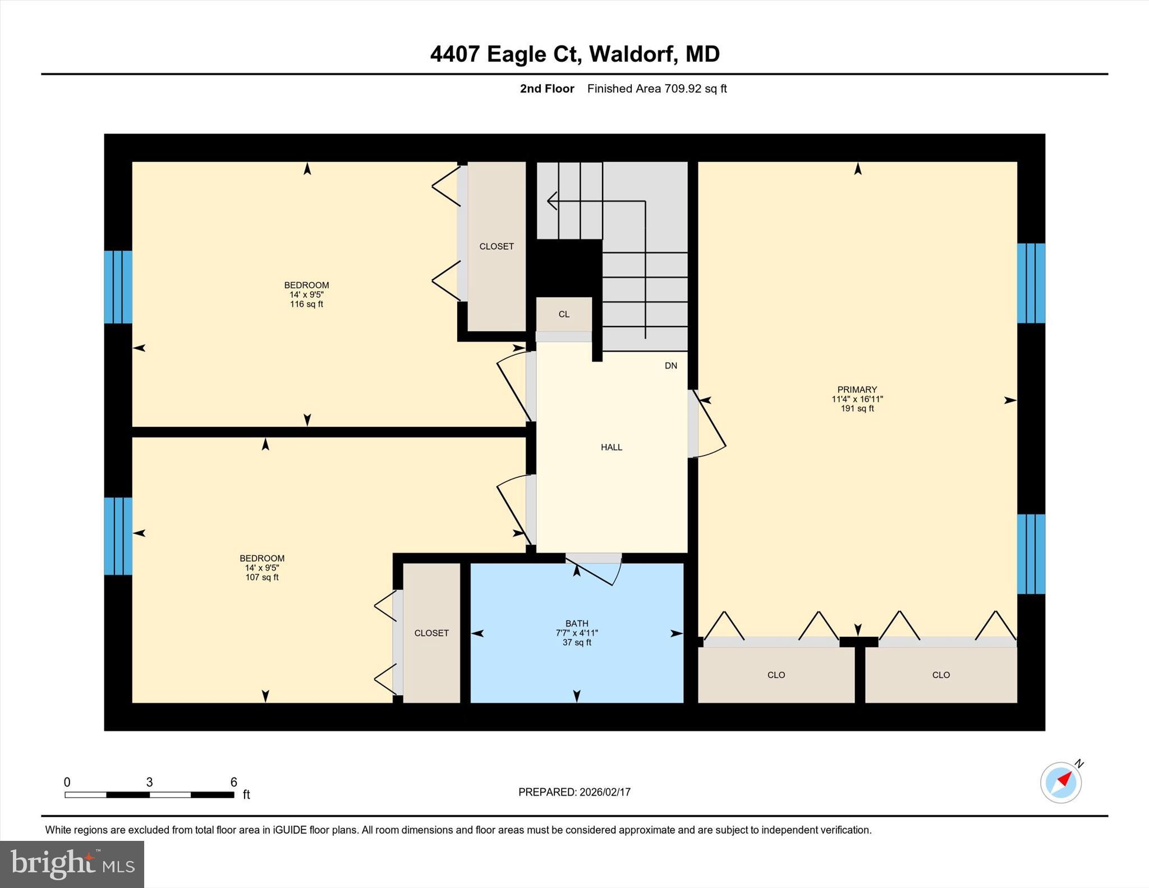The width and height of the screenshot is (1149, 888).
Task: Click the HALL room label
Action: [x=611, y=447]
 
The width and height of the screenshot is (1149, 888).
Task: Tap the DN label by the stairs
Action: [x=670, y=366]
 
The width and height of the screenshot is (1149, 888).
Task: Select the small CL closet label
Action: [x=564, y=314]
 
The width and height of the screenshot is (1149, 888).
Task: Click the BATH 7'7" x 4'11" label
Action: [x=577, y=632]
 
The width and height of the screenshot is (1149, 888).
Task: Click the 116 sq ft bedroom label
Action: [x=306, y=295]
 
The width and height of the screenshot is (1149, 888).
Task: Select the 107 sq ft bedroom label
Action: [x=262, y=567]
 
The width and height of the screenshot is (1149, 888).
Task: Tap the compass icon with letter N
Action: [x=1061, y=782]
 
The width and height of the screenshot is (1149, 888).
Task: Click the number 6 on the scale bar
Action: [x=233, y=781]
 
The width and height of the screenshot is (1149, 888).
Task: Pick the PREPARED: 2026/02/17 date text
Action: [x=574, y=792]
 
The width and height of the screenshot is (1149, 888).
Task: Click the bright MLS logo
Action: [x=72, y=864]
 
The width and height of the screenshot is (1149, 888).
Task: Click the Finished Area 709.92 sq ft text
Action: [x=656, y=89]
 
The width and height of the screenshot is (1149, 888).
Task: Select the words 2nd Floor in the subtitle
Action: [x=546, y=89]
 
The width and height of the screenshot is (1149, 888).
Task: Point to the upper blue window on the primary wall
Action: [x=1031, y=283]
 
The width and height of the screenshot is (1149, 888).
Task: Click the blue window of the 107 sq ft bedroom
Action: [x=118, y=536]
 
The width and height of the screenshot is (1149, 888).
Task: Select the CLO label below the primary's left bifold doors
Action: [x=776, y=675]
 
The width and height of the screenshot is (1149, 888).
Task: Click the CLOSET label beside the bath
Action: [x=431, y=633]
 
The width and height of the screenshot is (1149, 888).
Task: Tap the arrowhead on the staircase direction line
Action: [x=551, y=200]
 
